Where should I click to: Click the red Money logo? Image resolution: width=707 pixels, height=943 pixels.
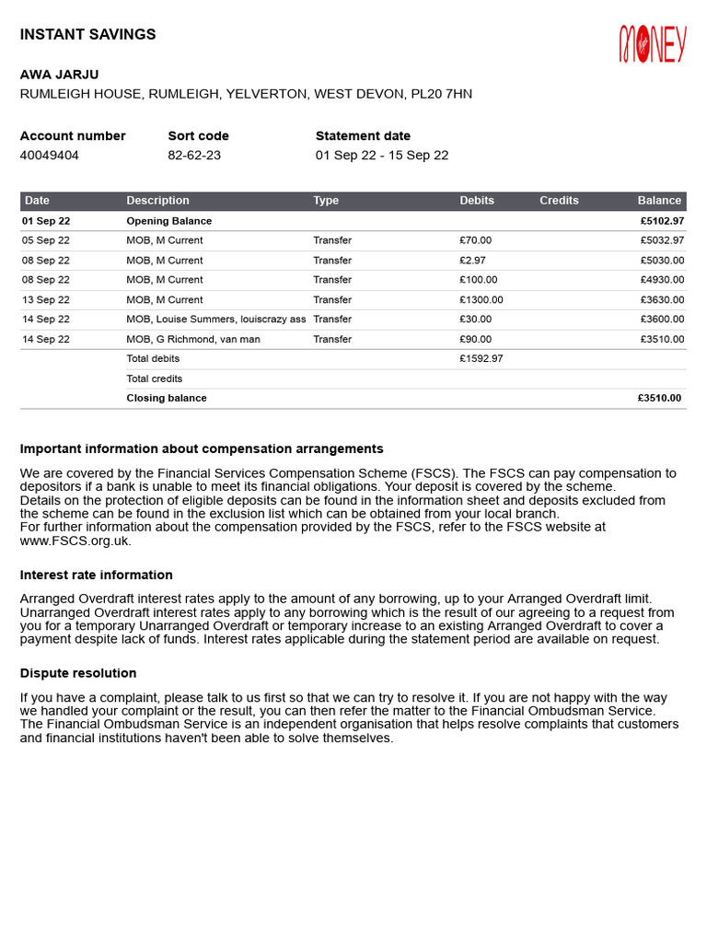pyautogui.click(x=653, y=43)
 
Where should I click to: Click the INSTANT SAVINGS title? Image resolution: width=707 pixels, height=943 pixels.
pyautogui.click(x=88, y=35)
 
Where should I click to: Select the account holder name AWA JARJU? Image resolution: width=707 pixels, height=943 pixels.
pyautogui.click(x=60, y=75)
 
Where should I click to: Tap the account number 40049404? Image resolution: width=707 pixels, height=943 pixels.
pyautogui.click(x=50, y=155)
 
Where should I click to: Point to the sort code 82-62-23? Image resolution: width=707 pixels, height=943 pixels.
pyautogui.click(x=194, y=155)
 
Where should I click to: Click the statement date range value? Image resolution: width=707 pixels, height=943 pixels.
pyautogui.click(x=382, y=155)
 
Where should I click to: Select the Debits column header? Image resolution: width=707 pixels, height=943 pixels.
pyautogui.click(x=477, y=201)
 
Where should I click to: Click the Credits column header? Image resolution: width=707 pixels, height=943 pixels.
pyautogui.click(x=559, y=201)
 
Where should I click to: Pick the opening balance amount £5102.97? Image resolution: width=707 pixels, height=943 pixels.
pyautogui.click(x=662, y=221)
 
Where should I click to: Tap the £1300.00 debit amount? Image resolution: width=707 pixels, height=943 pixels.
pyautogui.click(x=481, y=300)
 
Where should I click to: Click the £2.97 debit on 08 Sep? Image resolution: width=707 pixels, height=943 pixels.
pyautogui.click(x=473, y=261)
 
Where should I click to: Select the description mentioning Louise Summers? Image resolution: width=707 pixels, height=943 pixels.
pyautogui.click(x=215, y=320)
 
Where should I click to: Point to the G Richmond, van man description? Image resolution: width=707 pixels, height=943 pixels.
pyautogui.click(x=193, y=340)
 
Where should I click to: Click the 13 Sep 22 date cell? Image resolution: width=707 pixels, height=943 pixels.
pyautogui.click(x=46, y=300)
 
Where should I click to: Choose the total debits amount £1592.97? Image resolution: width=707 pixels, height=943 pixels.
pyautogui.click(x=481, y=359)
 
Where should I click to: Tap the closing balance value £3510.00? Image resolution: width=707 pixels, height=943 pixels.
pyautogui.click(x=659, y=399)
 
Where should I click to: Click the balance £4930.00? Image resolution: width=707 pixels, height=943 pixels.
pyautogui.click(x=662, y=280)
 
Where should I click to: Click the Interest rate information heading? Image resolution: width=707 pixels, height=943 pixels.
pyautogui.click(x=96, y=575)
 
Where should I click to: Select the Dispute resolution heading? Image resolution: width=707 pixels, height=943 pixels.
pyautogui.click(x=78, y=673)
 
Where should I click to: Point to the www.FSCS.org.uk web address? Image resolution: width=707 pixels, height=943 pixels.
pyautogui.click(x=75, y=541)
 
